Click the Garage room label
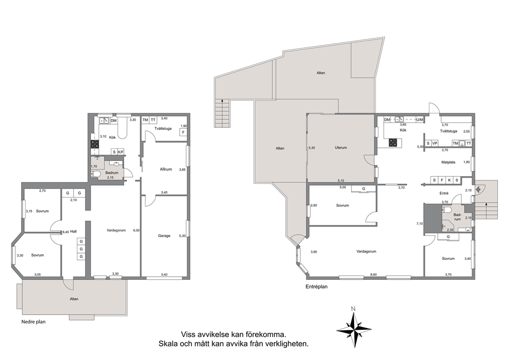(164, 236)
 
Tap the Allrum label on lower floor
(166, 169)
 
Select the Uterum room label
(341, 147)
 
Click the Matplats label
(448, 162)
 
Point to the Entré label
(444, 193)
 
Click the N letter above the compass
(354, 308)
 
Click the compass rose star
(354, 330)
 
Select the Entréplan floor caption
(317, 287)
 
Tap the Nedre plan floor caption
(33, 321)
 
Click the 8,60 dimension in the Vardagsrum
(374, 274)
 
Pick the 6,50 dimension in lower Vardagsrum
(136, 230)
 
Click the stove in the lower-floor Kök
(94, 144)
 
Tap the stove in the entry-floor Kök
(393, 142)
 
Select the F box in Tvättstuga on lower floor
(183, 132)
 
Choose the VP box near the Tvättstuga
(435, 143)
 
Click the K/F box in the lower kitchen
(121, 151)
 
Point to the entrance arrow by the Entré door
(479, 188)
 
